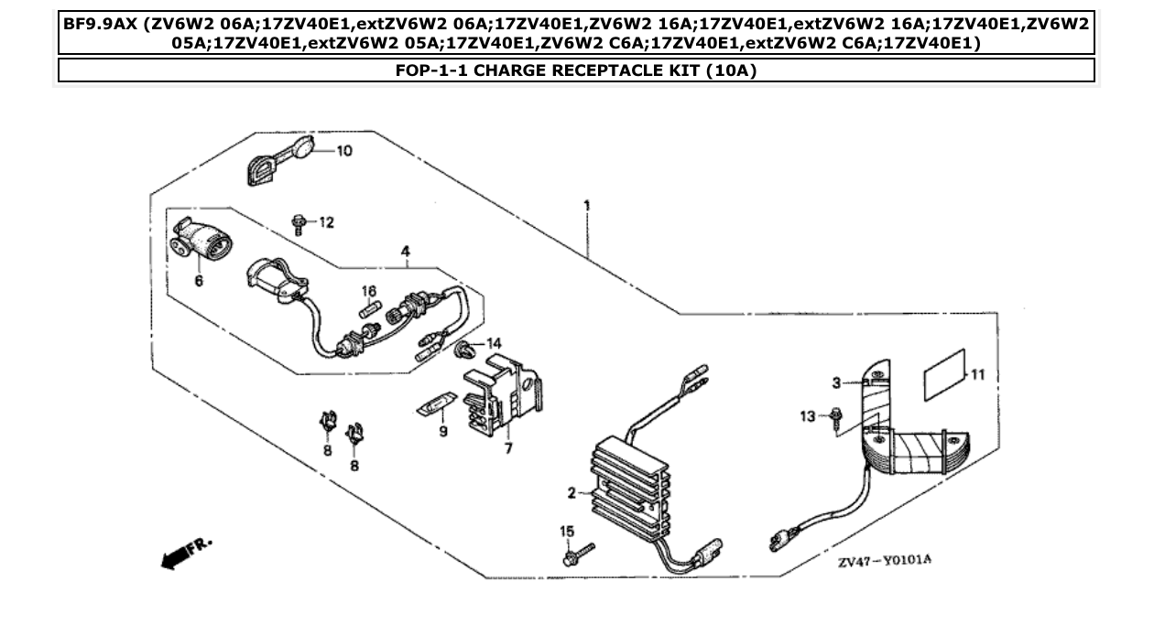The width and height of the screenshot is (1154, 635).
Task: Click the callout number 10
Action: pyautogui.click(x=343, y=151)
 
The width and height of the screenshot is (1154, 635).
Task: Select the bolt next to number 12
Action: pyautogui.click(x=298, y=222)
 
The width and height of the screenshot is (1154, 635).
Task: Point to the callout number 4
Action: pyautogui.click(x=404, y=251)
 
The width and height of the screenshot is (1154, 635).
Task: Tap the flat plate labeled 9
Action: pyautogui.click(x=435, y=404)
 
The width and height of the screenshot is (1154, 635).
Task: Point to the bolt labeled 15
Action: pyautogui.click(x=575, y=553)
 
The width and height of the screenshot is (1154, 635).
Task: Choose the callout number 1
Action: pyautogui.click(x=586, y=206)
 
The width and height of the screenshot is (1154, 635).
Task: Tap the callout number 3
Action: pyautogui.click(x=836, y=382)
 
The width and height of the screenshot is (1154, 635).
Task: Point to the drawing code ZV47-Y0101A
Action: pyautogui.click(x=884, y=560)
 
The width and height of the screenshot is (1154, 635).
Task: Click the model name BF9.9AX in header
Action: pyautogui.click(x=99, y=24)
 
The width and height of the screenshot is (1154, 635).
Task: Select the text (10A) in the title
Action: pyautogui.click(x=731, y=70)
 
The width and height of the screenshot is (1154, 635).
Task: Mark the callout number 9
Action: pyautogui.click(x=442, y=430)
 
